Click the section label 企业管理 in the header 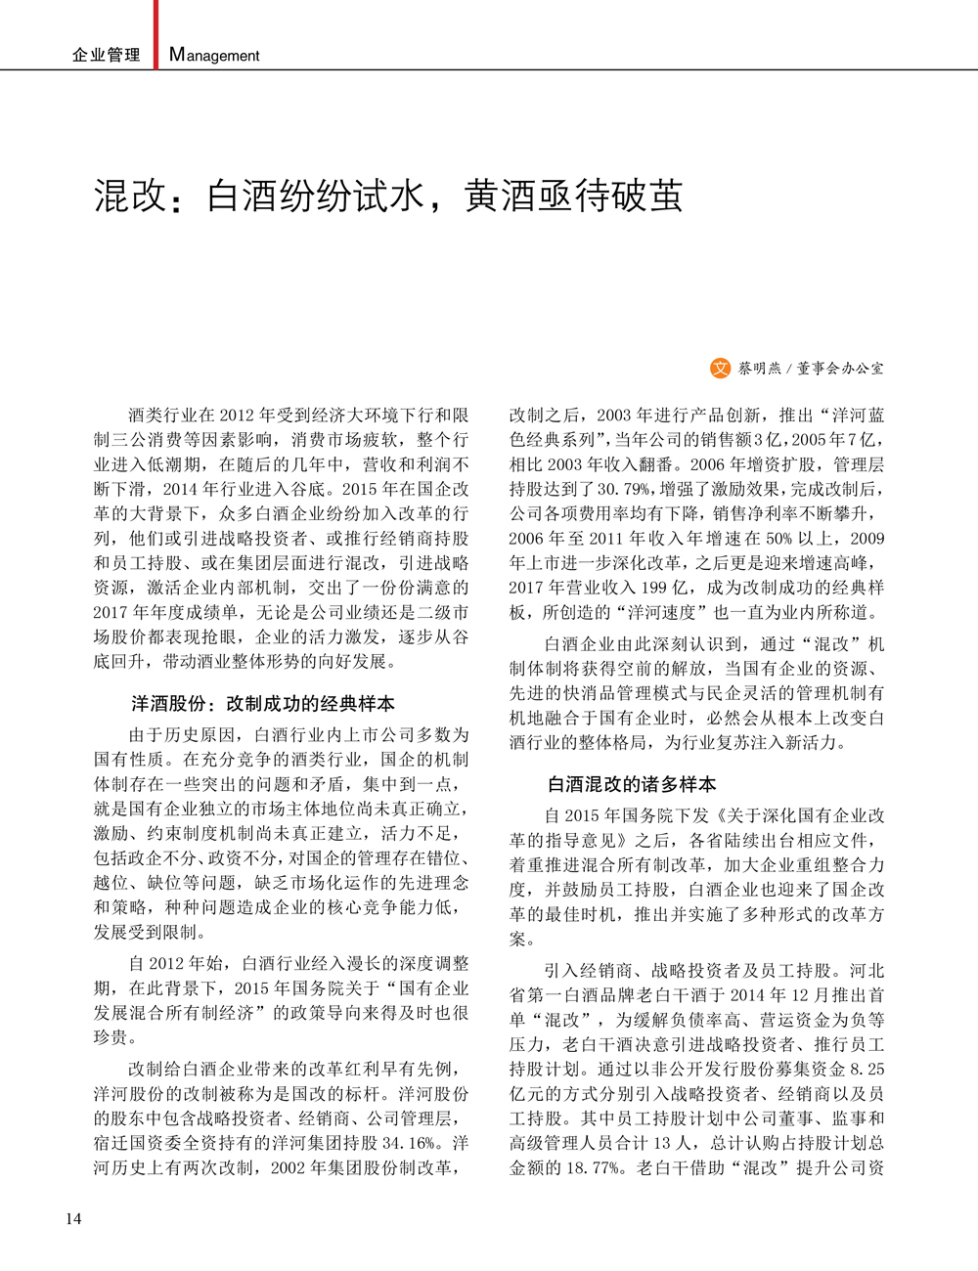[x=106, y=56]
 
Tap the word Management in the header [x=214, y=56]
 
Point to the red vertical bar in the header [x=156, y=34]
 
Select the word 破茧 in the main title [x=646, y=197]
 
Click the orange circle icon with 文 [x=720, y=369]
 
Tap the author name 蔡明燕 [x=760, y=370]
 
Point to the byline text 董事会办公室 [x=840, y=370]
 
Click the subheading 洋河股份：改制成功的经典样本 [x=263, y=704]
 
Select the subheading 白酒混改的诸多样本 [x=632, y=784]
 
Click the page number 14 [x=73, y=1218]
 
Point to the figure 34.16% [x=417, y=1143]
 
